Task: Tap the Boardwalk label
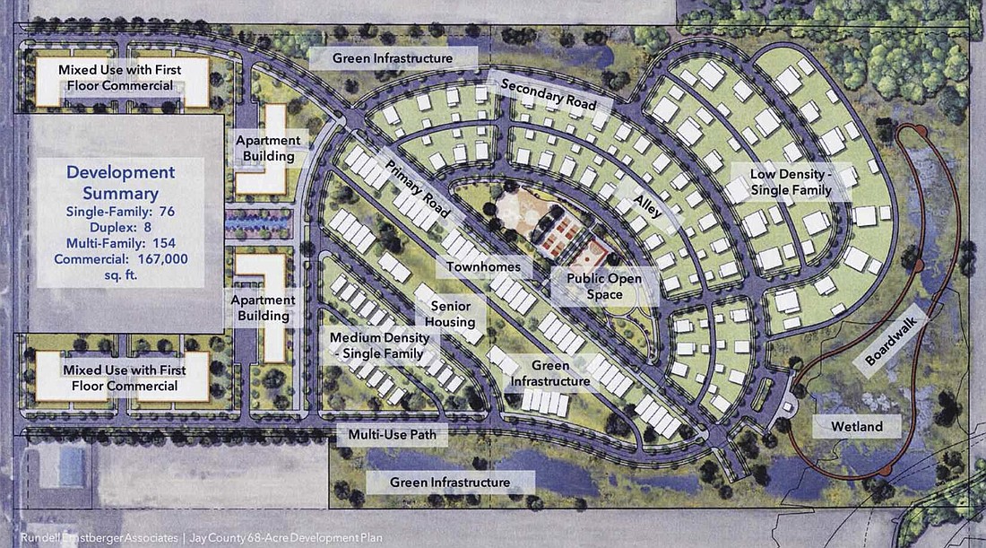coord(883,343)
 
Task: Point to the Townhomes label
coord(484,267)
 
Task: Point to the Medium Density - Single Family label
coord(384,344)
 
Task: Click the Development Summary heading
coord(122,182)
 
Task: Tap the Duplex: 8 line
coord(122,228)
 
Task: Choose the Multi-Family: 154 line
coord(122,244)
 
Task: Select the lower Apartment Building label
coord(262,308)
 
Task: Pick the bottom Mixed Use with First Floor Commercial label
coord(120,378)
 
